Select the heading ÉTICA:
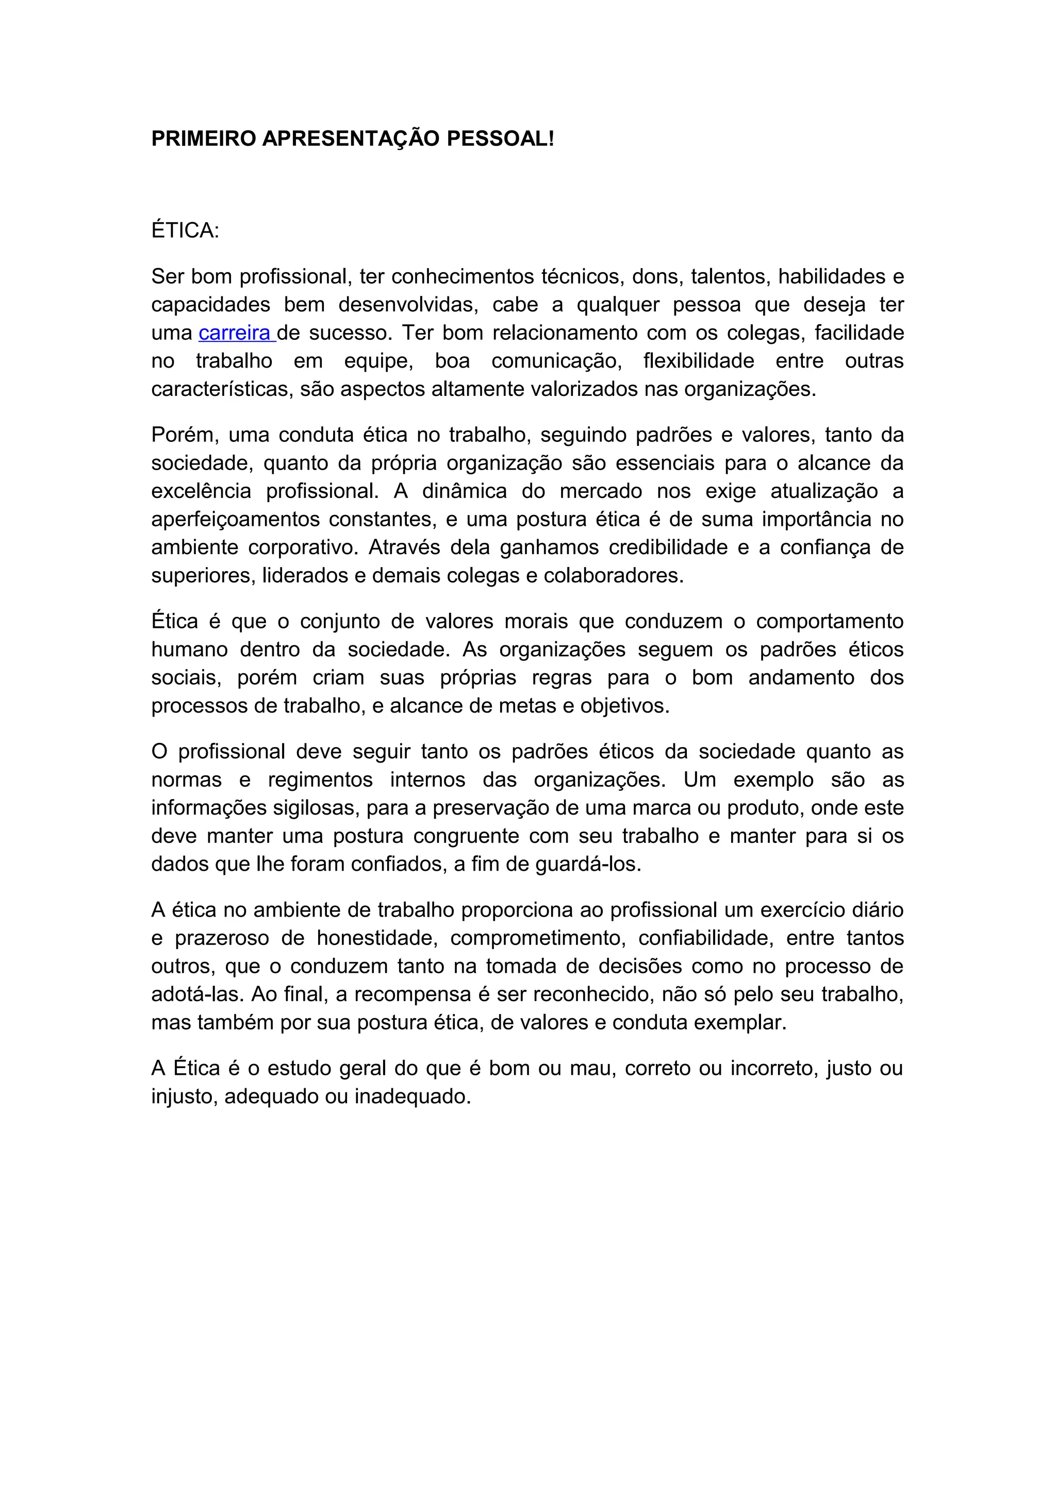(x=186, y=230)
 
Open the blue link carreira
(x=235, y=333)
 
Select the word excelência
(x=201, y=491)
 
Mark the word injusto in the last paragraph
(x=184, y=1097)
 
